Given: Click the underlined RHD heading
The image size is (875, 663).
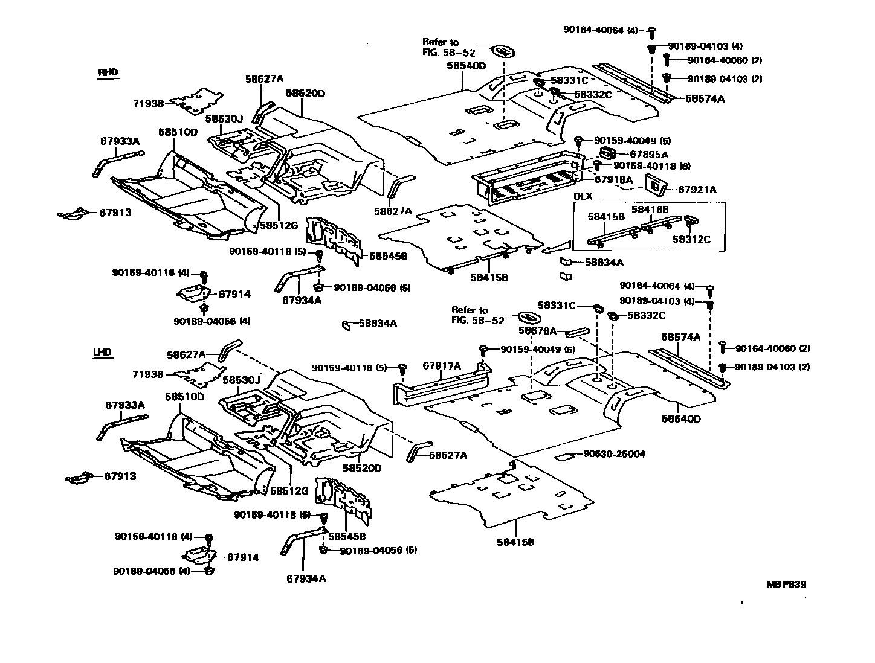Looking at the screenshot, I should tap(108, 73).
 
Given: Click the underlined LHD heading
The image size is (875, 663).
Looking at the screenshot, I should tap(102, 353).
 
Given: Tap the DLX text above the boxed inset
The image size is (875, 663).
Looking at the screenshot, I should tap(583, 196).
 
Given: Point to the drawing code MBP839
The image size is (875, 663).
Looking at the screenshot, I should tap(786, 585).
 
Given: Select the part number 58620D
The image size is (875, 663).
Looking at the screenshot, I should tap(305, 94).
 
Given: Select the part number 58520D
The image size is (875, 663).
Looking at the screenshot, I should tap(362, 468).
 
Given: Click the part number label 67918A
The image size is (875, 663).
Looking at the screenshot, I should tap(613, 179).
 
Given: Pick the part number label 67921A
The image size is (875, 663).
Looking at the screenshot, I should tap(697, 190).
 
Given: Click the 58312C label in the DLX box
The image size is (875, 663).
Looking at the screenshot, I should tap(691, 239).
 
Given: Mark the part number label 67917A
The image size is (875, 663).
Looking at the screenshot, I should tap(441, 366).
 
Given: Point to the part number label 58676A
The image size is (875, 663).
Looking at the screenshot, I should tap(537, 331).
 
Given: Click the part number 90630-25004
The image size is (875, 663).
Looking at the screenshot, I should tap(615, 453).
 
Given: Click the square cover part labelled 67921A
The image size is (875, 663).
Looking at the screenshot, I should tap(654, 184).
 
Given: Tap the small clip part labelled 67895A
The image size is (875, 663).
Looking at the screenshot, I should tap(607, 154).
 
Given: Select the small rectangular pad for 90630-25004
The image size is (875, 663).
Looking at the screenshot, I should tap(566, 456).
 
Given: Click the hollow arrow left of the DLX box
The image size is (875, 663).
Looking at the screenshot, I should tap(555, 248).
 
